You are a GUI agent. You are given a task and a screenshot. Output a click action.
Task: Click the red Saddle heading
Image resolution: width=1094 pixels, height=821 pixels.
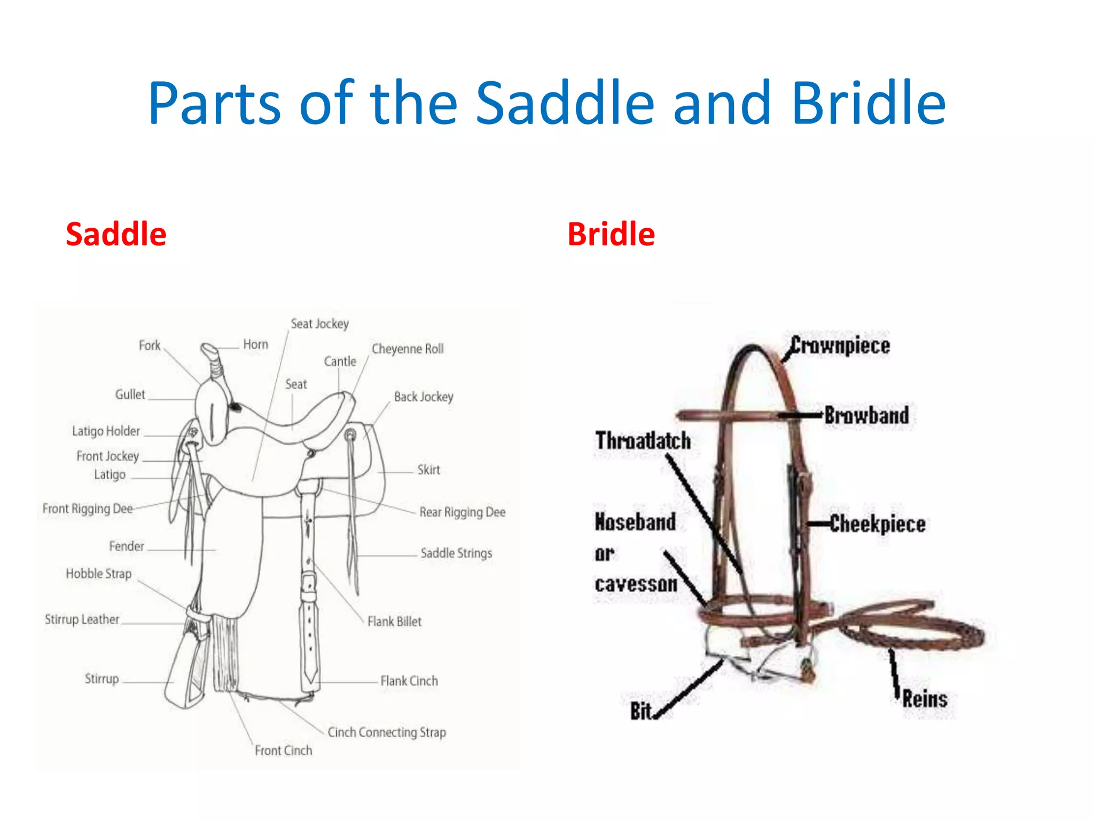[x=116, y=234]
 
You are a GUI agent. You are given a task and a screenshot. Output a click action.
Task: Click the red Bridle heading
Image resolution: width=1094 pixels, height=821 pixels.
[x=611, y=234]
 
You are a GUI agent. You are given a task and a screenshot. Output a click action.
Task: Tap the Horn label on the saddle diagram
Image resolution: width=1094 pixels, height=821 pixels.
[x=255, y=345]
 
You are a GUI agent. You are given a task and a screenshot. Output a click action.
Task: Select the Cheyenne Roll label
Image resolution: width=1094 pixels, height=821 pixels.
[x=408, y=349]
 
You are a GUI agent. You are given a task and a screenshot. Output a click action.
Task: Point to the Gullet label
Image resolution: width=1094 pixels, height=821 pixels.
[x=130, y=394]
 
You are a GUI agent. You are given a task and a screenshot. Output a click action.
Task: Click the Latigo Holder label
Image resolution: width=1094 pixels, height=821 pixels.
[x=106, y=431]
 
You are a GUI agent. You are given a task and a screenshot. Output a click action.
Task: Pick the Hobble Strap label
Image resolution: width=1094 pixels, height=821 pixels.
[x=98, y=574]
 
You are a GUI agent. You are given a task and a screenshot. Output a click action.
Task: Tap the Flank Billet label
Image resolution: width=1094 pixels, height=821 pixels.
[x=394, y=622]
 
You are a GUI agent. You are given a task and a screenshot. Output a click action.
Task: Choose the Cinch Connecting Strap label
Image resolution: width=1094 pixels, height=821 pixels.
[x=387, y=732]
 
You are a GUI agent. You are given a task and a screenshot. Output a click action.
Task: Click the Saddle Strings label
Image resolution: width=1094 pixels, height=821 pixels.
[x=456, y=553]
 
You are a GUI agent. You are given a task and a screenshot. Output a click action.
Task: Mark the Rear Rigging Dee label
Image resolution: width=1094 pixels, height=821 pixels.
[x=462, y=512]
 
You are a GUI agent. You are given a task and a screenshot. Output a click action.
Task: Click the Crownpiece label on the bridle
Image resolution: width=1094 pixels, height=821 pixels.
[x=840, y=345]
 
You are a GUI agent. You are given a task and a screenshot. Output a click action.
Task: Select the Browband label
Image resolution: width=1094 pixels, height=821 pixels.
[x=866, y=415]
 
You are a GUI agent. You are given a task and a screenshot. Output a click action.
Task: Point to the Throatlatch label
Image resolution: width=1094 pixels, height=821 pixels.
[x=643, y=441]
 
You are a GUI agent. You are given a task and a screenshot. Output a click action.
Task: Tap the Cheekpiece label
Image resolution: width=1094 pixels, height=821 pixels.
[x=878, y=524]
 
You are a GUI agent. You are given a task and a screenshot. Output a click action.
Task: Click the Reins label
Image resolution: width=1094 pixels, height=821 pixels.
[x=925, y=699]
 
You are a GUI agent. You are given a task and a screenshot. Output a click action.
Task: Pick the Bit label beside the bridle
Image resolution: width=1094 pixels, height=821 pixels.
[x=640, y=711]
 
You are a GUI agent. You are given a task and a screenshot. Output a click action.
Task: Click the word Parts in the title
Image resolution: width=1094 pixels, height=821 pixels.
[x=214, y=103]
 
